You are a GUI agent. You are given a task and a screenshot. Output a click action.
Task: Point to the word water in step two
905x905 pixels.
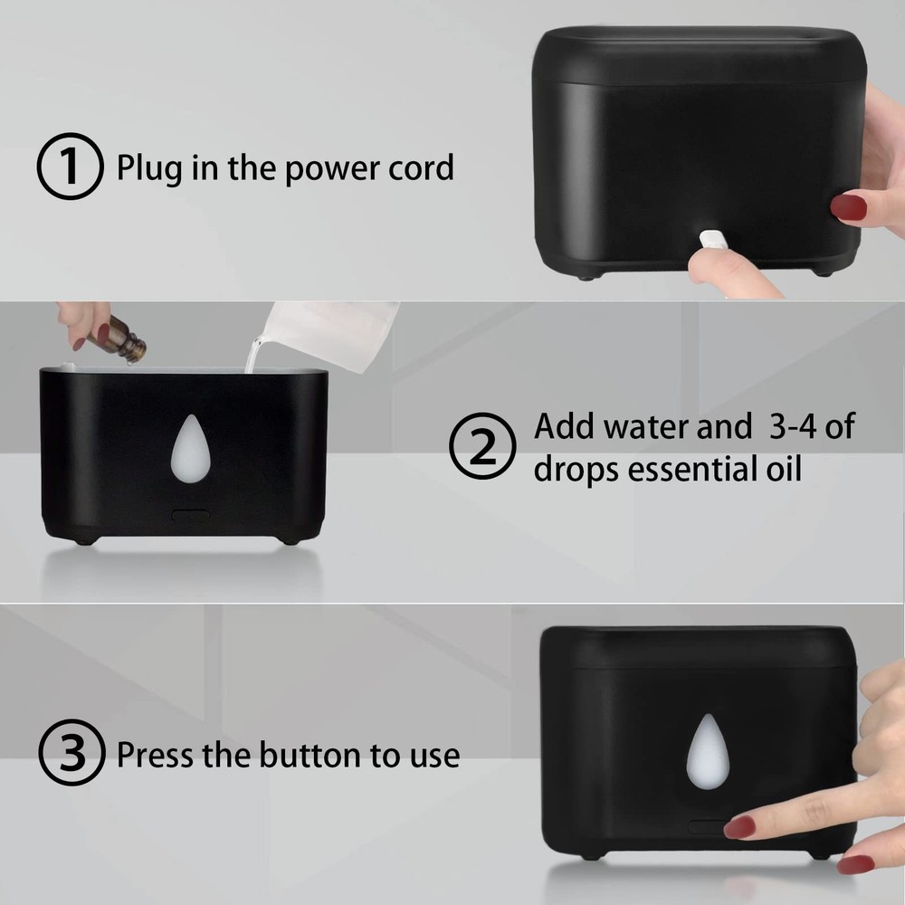657,425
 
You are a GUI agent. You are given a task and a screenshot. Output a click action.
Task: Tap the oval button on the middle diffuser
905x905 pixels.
189,516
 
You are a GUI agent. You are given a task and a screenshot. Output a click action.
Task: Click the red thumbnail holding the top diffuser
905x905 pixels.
848,207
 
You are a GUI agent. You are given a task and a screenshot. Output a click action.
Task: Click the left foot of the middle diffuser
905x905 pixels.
84,540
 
